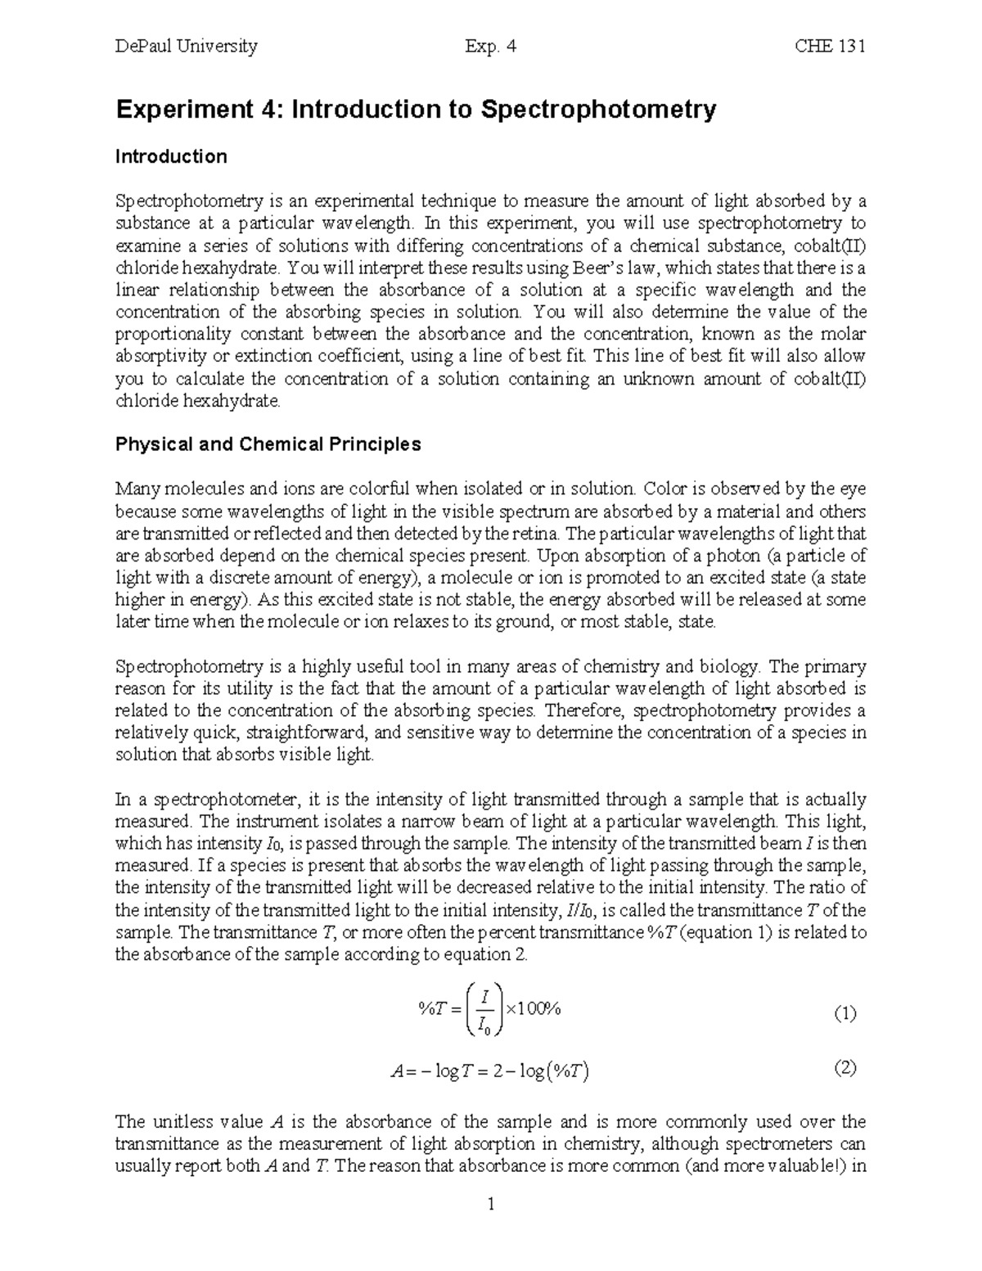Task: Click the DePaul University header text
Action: click(x=186, y=47)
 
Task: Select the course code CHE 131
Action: click(x=830, y=47)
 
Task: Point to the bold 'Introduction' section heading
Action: click(x=171, y=156)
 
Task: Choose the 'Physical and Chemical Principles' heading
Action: click(x=268, y=444)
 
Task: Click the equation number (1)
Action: click(x=845, y=1014)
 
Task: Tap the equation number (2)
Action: click(x=845, y=1068)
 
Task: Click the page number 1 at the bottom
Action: click(x=491, y=1204)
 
